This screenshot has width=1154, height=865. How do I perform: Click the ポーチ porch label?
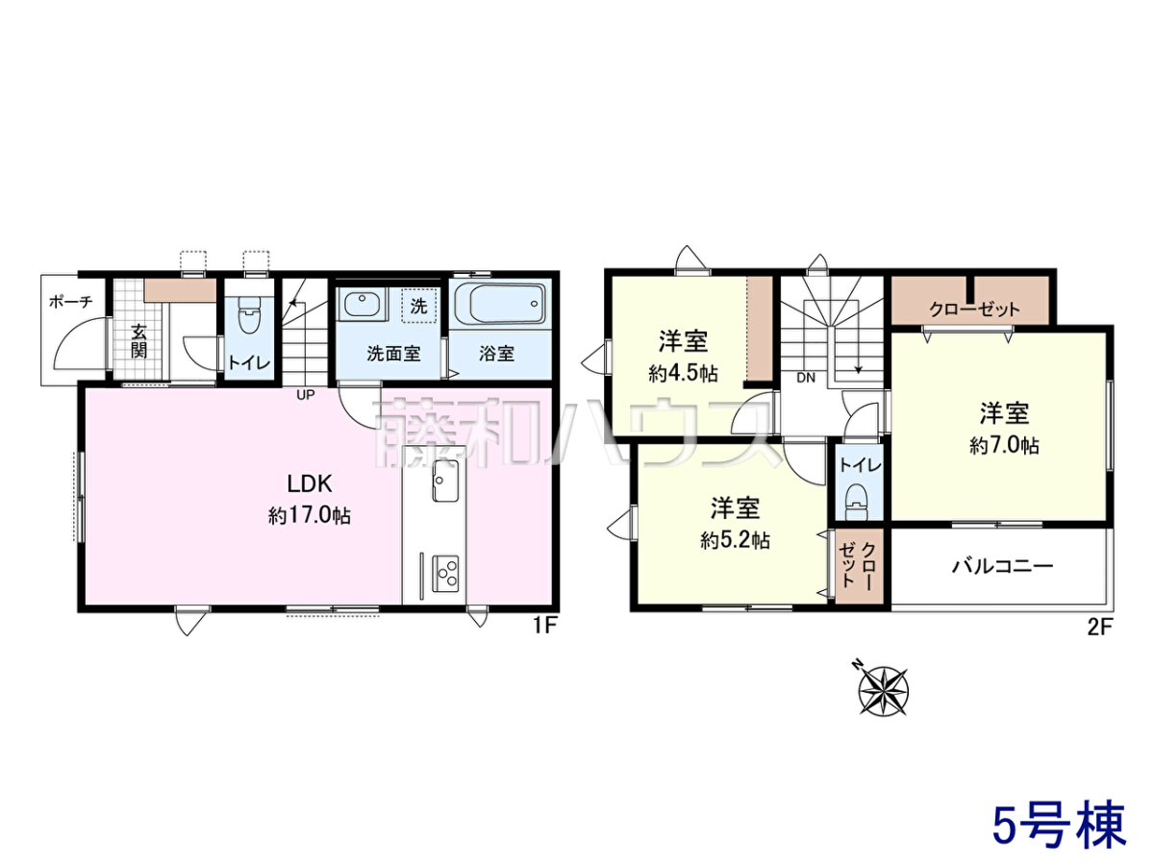70,302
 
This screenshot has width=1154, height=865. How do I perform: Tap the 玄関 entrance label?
138,341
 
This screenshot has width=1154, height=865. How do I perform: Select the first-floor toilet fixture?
247,314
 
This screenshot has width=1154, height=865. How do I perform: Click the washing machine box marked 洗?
419,306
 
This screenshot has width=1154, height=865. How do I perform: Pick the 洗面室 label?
393,354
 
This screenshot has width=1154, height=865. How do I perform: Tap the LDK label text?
310,483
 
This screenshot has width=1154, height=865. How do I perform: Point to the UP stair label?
306,394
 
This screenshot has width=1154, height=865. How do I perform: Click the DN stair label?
806,377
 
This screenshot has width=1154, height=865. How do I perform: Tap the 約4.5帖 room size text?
683,374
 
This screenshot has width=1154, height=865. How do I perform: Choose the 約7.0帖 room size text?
1004,445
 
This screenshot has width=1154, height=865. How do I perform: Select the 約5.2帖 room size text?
735,539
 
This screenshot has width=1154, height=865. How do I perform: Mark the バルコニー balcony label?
1003,566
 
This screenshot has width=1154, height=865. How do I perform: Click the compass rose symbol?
883,690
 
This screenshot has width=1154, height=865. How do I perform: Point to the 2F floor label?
1100,626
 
